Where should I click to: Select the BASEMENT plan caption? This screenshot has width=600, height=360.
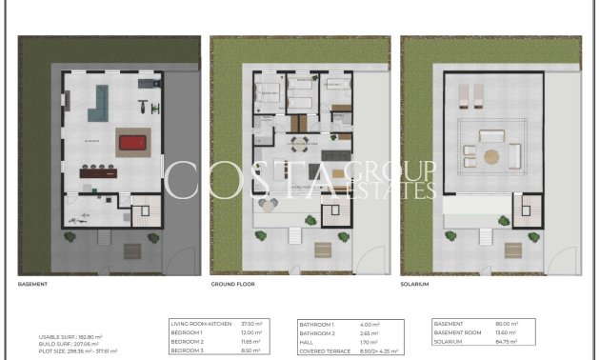tap(34, 284)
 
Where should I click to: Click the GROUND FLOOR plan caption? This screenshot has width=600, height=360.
tap(232, 284)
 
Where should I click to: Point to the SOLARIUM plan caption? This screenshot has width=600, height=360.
tap(415, 284)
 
